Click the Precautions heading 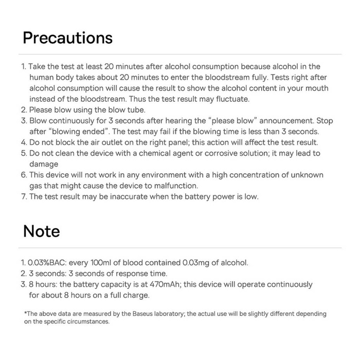67,38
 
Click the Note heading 41,231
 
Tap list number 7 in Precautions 24,196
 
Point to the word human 42,77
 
